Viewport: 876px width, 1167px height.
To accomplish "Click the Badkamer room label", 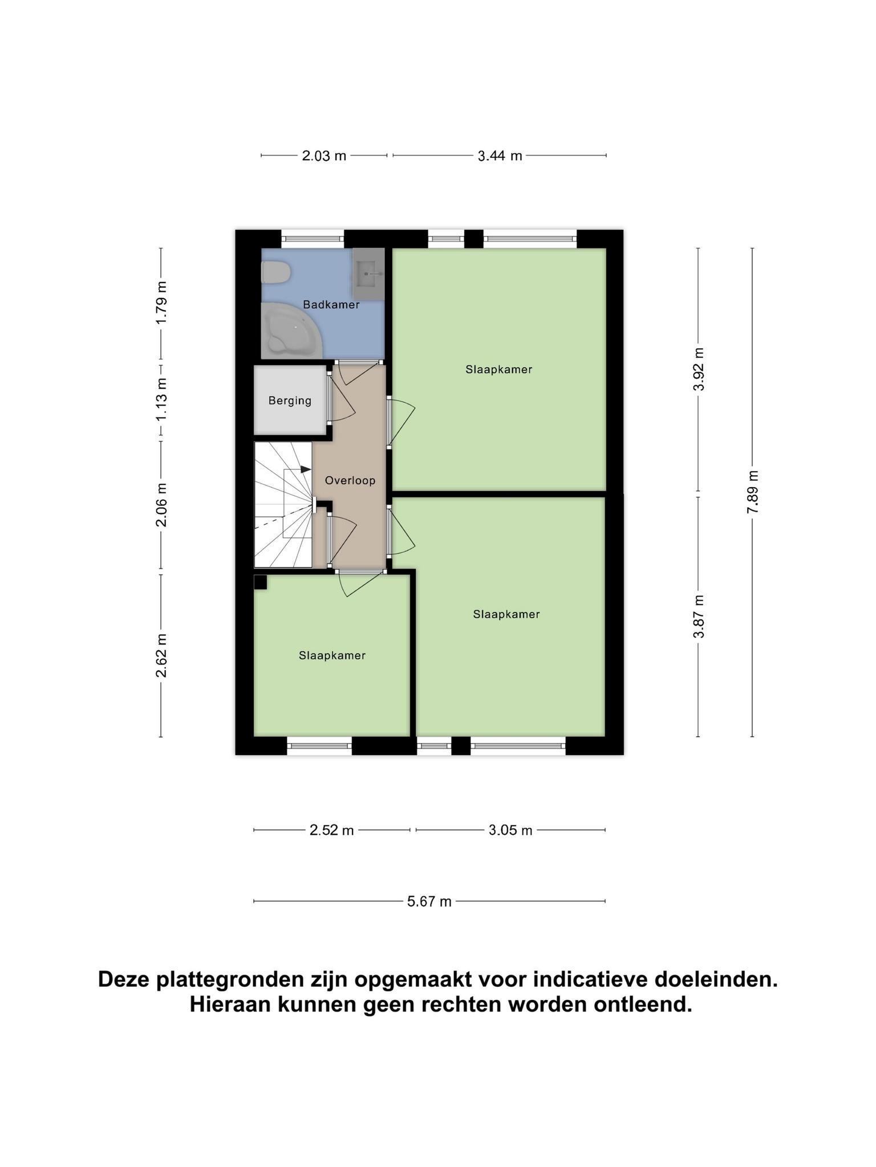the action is (x=331, y=305).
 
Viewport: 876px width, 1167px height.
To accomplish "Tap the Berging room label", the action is (x=290, y=401).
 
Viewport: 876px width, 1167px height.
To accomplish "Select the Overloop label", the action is (x=350, y=480).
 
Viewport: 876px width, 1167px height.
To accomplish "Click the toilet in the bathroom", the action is (x=275, y=272).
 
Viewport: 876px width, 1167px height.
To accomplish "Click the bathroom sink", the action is (x=368, y=274).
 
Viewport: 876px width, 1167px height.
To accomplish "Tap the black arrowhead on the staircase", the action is (x=306, y=469).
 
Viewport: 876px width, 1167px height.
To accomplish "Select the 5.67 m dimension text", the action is (x=429, y=901).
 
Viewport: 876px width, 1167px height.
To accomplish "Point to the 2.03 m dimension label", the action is (x=324, y=156).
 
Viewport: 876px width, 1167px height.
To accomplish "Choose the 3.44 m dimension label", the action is (x=500, y=156).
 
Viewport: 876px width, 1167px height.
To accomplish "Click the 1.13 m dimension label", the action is (x=161, y=399).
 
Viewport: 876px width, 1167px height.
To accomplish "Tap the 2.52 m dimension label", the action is (x=331, y=830).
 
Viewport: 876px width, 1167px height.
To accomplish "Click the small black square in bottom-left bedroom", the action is (x=260, y=582).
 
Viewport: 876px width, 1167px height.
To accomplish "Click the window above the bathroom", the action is (x=313, y=238).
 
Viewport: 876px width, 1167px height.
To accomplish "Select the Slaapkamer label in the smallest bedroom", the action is (x=332, y=655).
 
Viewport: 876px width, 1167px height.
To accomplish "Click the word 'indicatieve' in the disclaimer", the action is (x=590, y=980).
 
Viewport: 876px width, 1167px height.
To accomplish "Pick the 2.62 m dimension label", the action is (x=161, y=655).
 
